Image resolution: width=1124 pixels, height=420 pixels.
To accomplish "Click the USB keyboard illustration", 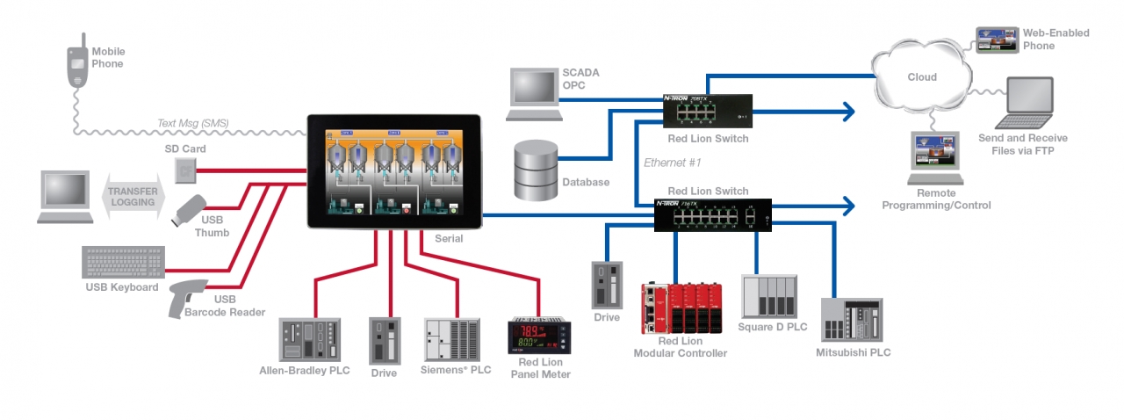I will click(x=123, y=263).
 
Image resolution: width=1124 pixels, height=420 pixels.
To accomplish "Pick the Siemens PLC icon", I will click(x=451, y=339).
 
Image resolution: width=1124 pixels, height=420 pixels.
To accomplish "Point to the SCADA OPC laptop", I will click(x=534, y=93).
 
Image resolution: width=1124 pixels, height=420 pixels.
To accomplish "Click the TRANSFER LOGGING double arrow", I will click(x=133, y=196).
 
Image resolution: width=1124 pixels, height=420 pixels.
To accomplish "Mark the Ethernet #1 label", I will click(x=672, y=163).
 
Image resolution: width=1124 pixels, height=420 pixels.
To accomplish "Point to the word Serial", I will click(x=449, y=238).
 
